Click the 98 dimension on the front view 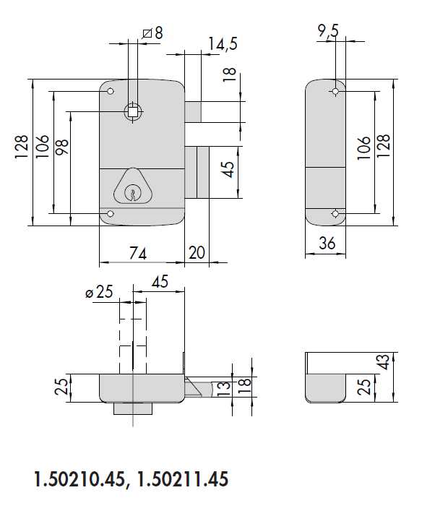[62, 147]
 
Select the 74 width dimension [138, 253]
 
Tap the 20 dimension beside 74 [197, 253]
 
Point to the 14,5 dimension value [222, 44]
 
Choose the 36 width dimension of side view [327, 244]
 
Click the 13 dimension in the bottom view [225, 388]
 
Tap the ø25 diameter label [100, 293]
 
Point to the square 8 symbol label [152, 33]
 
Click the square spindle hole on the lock [133, 111]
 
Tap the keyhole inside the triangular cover [132, 192]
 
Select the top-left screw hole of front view [110, 93]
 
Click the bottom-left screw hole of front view [110, 214]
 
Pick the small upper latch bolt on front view [194, 112]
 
